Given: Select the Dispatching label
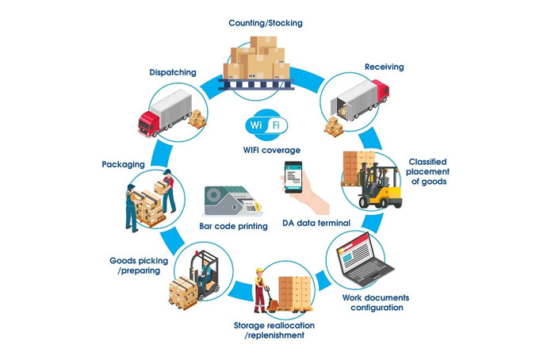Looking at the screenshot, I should (x=173, y=73).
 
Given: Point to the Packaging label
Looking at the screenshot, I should (x=123, y=164).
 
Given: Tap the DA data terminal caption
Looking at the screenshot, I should (x=316, y=224).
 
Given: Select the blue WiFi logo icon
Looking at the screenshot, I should (x=265, y=125).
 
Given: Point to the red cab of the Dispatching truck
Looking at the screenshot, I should (x=151, y=123).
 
